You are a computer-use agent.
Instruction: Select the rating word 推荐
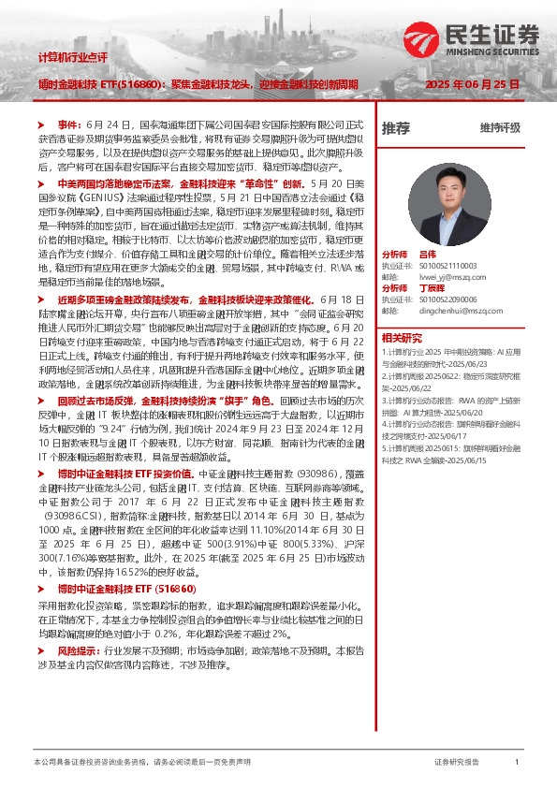pyautogui.click(x=396, y=128)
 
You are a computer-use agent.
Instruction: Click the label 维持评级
pyautogui.click(x=499, y=128)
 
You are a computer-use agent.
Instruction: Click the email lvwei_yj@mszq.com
pyautogui.click(x=440, y=276)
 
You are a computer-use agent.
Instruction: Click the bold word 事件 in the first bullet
pyautogui.click(x=69, y=124)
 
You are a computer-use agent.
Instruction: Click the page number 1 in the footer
pyautogui.click(x=516, y=762)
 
